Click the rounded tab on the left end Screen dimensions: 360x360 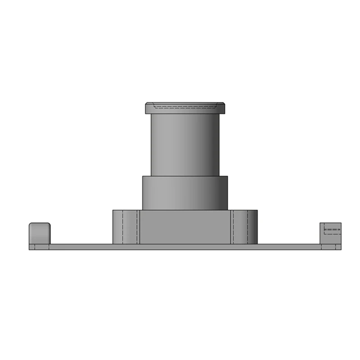[40, 233]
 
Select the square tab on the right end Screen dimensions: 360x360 [330, 234]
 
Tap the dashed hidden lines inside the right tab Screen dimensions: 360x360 [332, 230]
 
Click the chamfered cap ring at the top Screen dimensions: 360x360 [185, 108]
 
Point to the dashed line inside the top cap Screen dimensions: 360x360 [185, 107]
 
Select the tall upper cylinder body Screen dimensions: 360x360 [185, 144]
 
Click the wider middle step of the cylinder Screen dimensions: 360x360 [185, 193]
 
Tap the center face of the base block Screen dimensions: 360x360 [185, 227]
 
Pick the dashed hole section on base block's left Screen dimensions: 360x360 [130, 227]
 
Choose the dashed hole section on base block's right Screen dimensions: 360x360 [239, 227]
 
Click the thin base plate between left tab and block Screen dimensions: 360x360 [81, 247]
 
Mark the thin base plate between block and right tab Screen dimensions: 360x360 [288, 247]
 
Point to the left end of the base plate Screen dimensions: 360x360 [30, 247]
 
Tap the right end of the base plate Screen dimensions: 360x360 [340, 247]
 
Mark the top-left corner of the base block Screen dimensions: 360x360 [113, 211]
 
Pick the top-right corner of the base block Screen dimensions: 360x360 [257, 211]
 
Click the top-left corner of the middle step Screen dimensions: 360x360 [143, 176]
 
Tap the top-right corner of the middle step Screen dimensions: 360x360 [227, 176]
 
